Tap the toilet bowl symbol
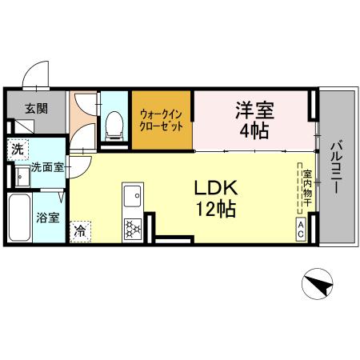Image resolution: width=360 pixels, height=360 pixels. click(114, 122)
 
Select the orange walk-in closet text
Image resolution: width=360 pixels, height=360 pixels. click(162, 120)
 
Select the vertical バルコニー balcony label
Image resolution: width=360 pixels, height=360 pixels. click(336, 170)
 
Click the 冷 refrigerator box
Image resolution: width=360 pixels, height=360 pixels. click(81, 230)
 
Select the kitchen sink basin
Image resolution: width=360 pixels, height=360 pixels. click(131, 195)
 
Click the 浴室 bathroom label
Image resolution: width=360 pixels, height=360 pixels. click(46, 217)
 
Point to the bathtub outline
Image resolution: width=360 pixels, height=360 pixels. click(20, 218)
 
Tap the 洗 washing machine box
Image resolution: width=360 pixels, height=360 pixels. click(17, 149)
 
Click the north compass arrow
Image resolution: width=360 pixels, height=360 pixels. click(318, 284)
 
